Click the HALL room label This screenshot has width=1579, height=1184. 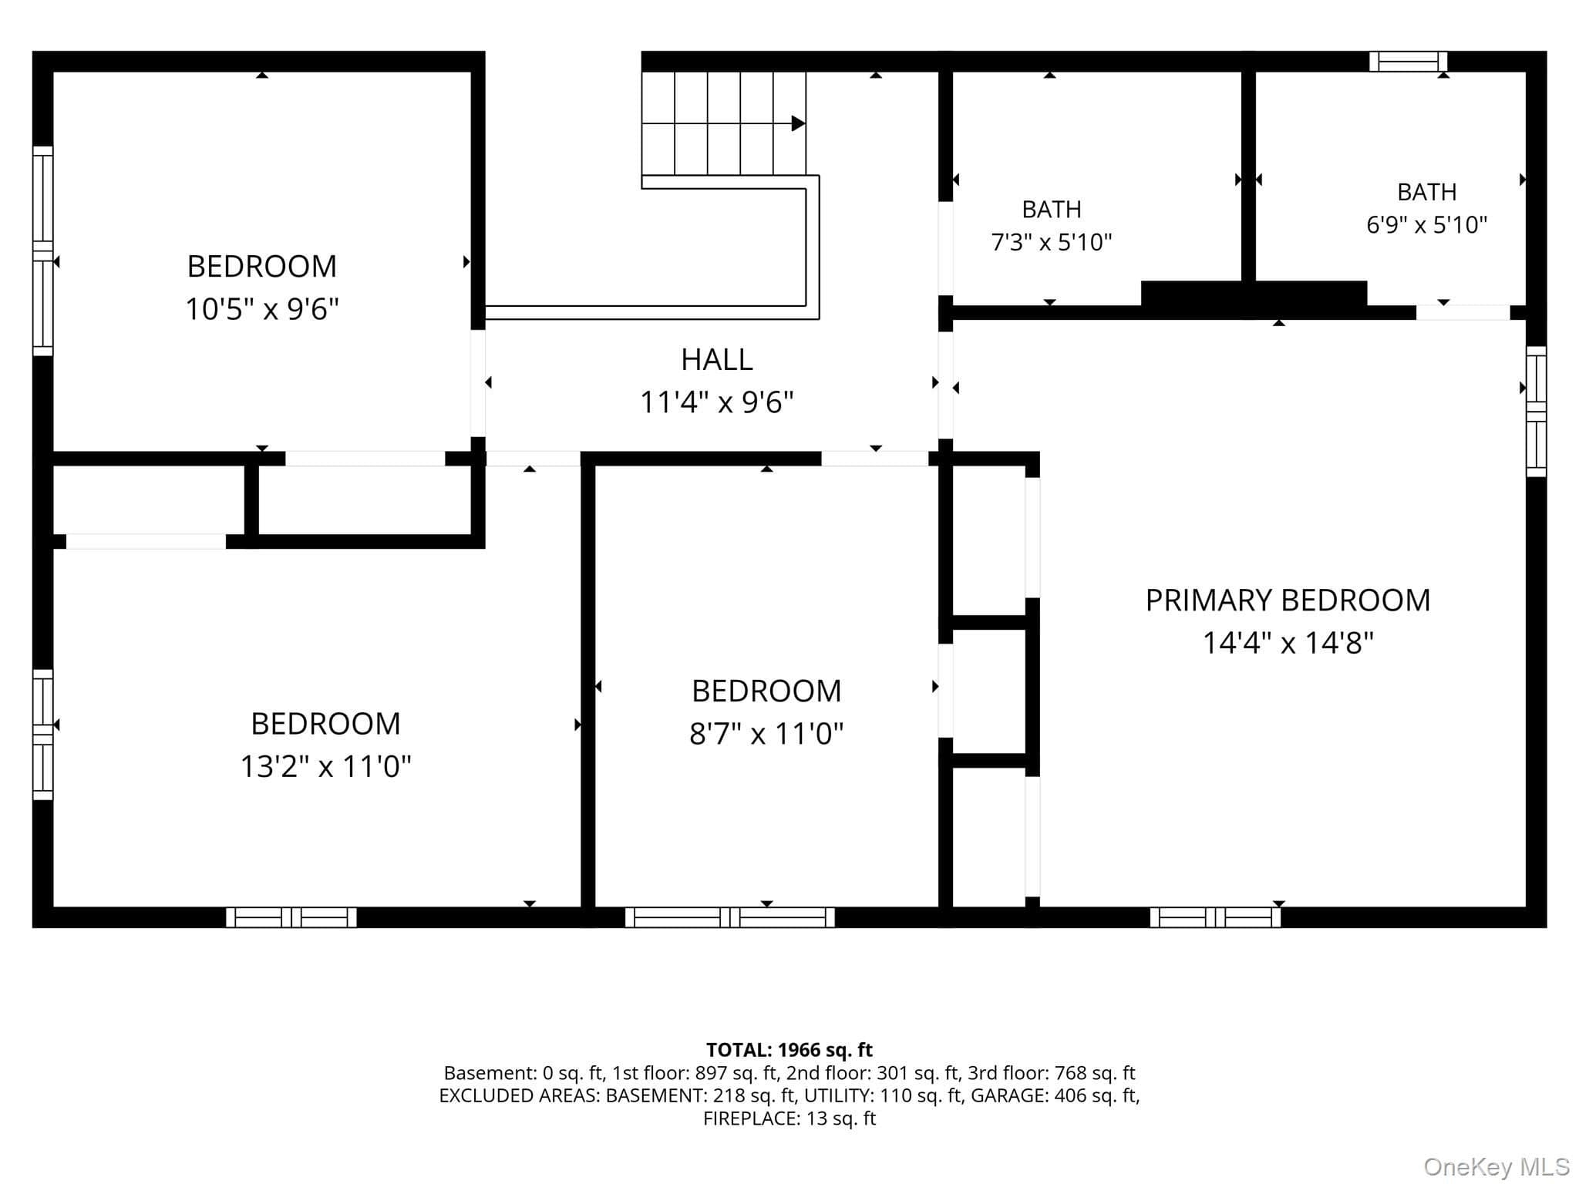(x=716, y=360)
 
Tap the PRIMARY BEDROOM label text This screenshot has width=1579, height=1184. (x=1288, y=600)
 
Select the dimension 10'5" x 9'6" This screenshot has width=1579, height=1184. (x=262, y=309)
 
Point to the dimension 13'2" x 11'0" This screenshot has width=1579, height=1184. (x=325, y=767)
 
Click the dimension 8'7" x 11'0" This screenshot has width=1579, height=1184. (x=766, y=734)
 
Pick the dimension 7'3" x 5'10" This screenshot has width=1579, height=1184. (x=1052, y=243)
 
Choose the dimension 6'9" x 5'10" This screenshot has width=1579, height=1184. (x=1427, y=225)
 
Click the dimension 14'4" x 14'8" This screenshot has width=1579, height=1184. (x=1288, y=642)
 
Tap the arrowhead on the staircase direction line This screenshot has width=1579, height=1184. (x=799, y=123)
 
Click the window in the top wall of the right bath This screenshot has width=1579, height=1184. (x=1408, y=62)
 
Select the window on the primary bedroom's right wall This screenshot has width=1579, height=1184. (x=1537, y=412)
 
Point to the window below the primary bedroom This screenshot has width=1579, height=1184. (x=1215, y=917)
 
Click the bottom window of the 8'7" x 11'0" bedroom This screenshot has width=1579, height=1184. (x=729, y=917)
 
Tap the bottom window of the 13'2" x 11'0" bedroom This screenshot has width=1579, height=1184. (x=291, y=917)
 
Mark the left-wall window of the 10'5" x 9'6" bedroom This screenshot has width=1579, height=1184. (x=43, y=251)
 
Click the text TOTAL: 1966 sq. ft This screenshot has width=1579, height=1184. (x=789, y=1050)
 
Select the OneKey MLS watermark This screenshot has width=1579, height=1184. (x=1497, y=1167)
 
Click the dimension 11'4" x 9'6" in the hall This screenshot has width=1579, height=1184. (x=717, y=402)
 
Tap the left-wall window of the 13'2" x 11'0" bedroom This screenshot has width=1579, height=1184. (x=43, y=735)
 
